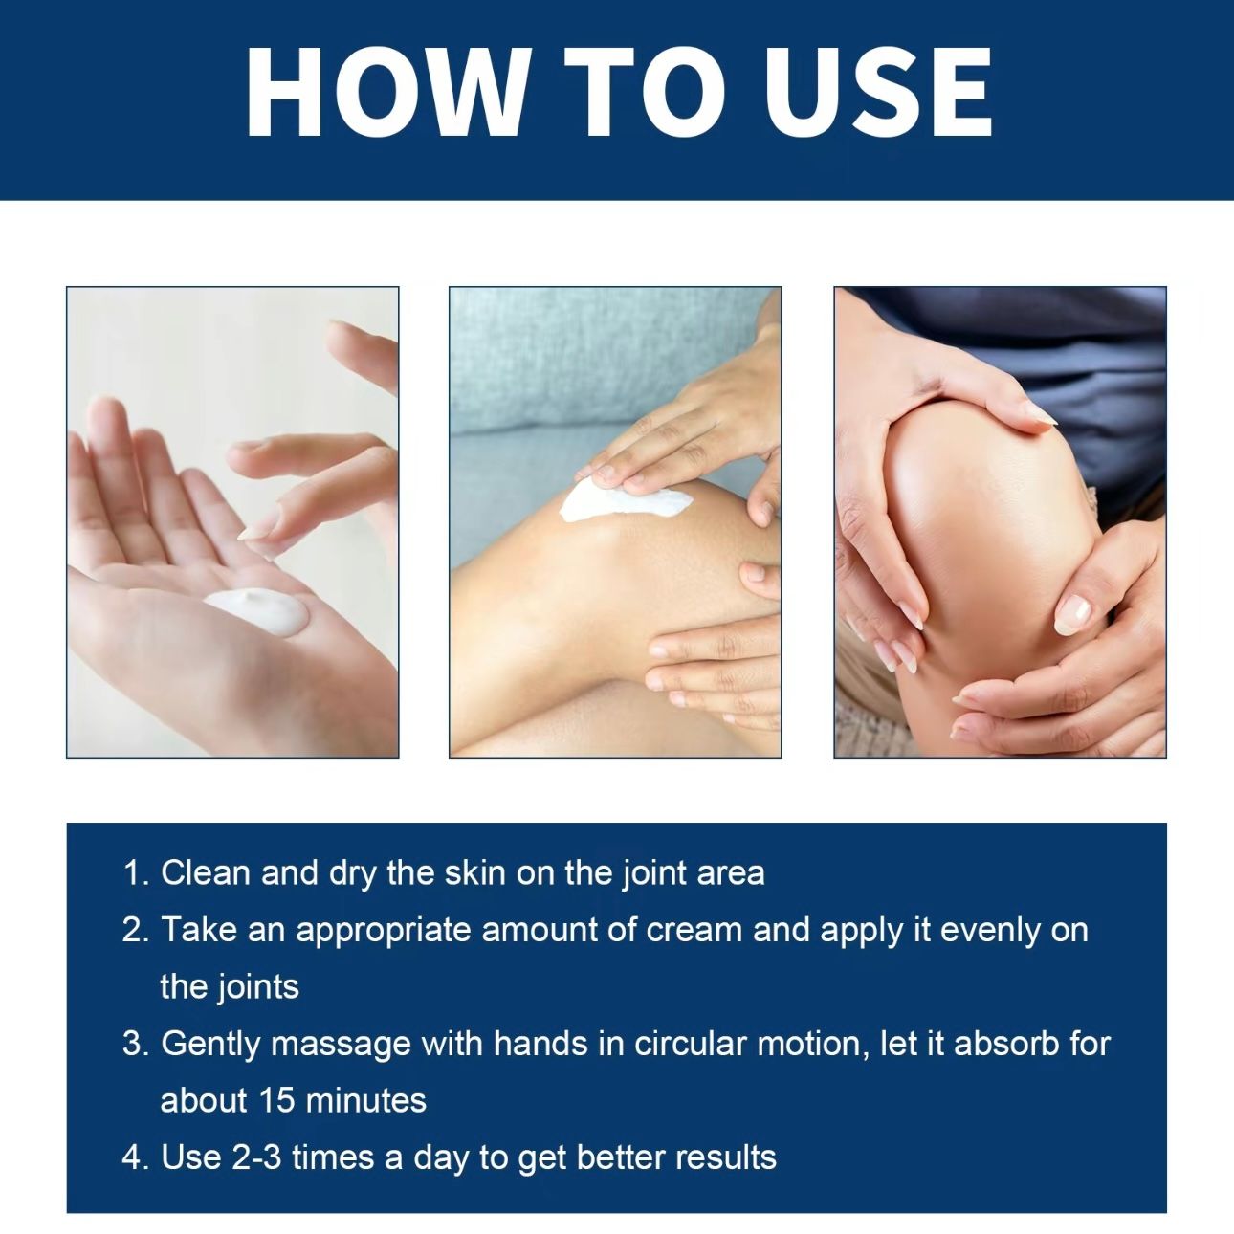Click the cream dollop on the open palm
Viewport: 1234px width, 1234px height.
[257, 610]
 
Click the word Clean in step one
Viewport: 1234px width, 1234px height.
[206, 872]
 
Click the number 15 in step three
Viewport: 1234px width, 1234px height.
[276, 1100]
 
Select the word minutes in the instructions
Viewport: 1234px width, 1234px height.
[366, 1100]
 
